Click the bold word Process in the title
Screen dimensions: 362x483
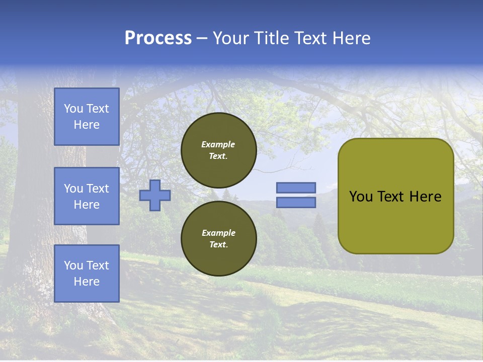point(158,38)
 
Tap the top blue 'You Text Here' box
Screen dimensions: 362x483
point(87,117)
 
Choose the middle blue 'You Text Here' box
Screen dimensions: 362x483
point(87,196)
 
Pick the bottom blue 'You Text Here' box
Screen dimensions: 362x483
point(87,274)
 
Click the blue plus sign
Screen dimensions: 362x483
point(155,195)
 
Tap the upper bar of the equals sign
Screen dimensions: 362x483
point(296,188)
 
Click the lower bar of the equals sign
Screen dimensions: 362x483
point(296,203)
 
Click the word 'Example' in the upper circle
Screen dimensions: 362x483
point(218,144)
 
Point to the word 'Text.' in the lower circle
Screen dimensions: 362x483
point(218,245)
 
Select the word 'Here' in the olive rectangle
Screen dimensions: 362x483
point(426,197)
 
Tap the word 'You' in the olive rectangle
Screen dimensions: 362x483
point(361,197)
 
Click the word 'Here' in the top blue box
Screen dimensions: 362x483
point(87,125)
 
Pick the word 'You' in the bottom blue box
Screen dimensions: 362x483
point(73,265)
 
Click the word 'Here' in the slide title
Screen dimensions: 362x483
point(352,38)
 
